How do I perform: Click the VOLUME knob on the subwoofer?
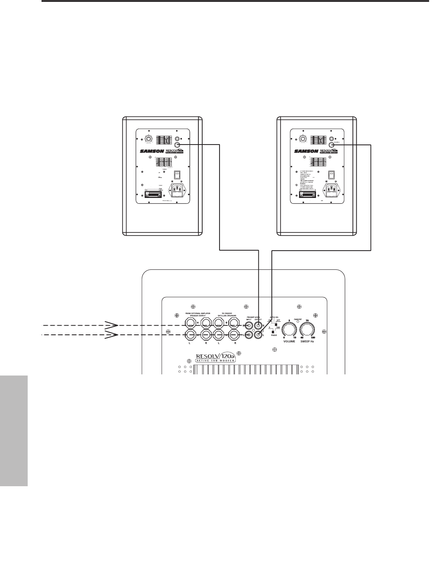click(289, 330)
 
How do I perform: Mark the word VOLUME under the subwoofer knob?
click(289, 341)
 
